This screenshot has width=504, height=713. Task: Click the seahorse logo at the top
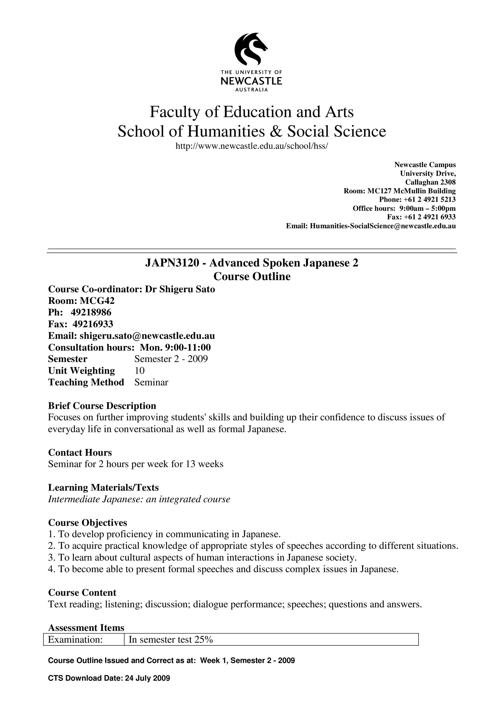click(x=251, y=49)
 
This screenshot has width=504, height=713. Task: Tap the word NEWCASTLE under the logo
click(x=251, y=81)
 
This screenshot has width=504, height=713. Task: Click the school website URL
click(x=251, y=146)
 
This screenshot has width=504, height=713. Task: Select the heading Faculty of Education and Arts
click(x=251, y=112)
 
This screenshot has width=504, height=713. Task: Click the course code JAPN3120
click(x=172, y=263)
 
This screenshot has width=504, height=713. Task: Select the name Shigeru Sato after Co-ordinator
click(x=187, y=289)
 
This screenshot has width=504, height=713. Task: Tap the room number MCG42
click(x=97, y=301)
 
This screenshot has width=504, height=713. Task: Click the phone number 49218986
click(x=91, y=312)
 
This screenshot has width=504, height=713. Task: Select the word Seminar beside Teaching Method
click(x=151, y=382)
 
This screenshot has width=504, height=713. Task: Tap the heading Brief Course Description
click(x=102, y=406)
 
